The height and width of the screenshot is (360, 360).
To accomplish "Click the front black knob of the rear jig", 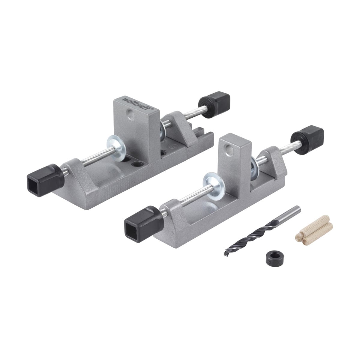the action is click(46, 180).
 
